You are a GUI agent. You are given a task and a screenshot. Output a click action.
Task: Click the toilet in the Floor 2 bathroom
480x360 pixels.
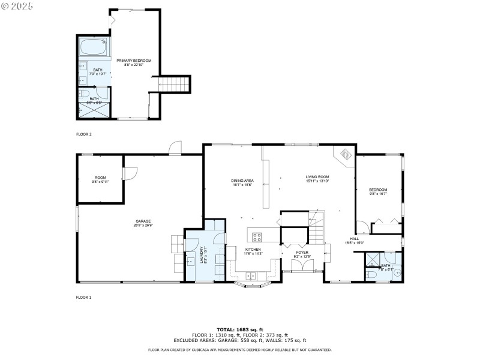[85, 94]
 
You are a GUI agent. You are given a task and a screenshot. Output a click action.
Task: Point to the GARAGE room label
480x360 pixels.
[142, 222]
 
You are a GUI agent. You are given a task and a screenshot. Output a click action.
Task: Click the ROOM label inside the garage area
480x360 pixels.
[100, 179]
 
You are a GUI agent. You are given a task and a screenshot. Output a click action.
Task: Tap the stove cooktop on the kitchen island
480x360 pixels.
[257, 236]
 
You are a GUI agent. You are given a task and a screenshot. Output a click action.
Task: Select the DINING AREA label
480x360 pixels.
[242, 182]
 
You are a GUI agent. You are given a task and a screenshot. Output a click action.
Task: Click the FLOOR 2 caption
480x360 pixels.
[83, 134]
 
